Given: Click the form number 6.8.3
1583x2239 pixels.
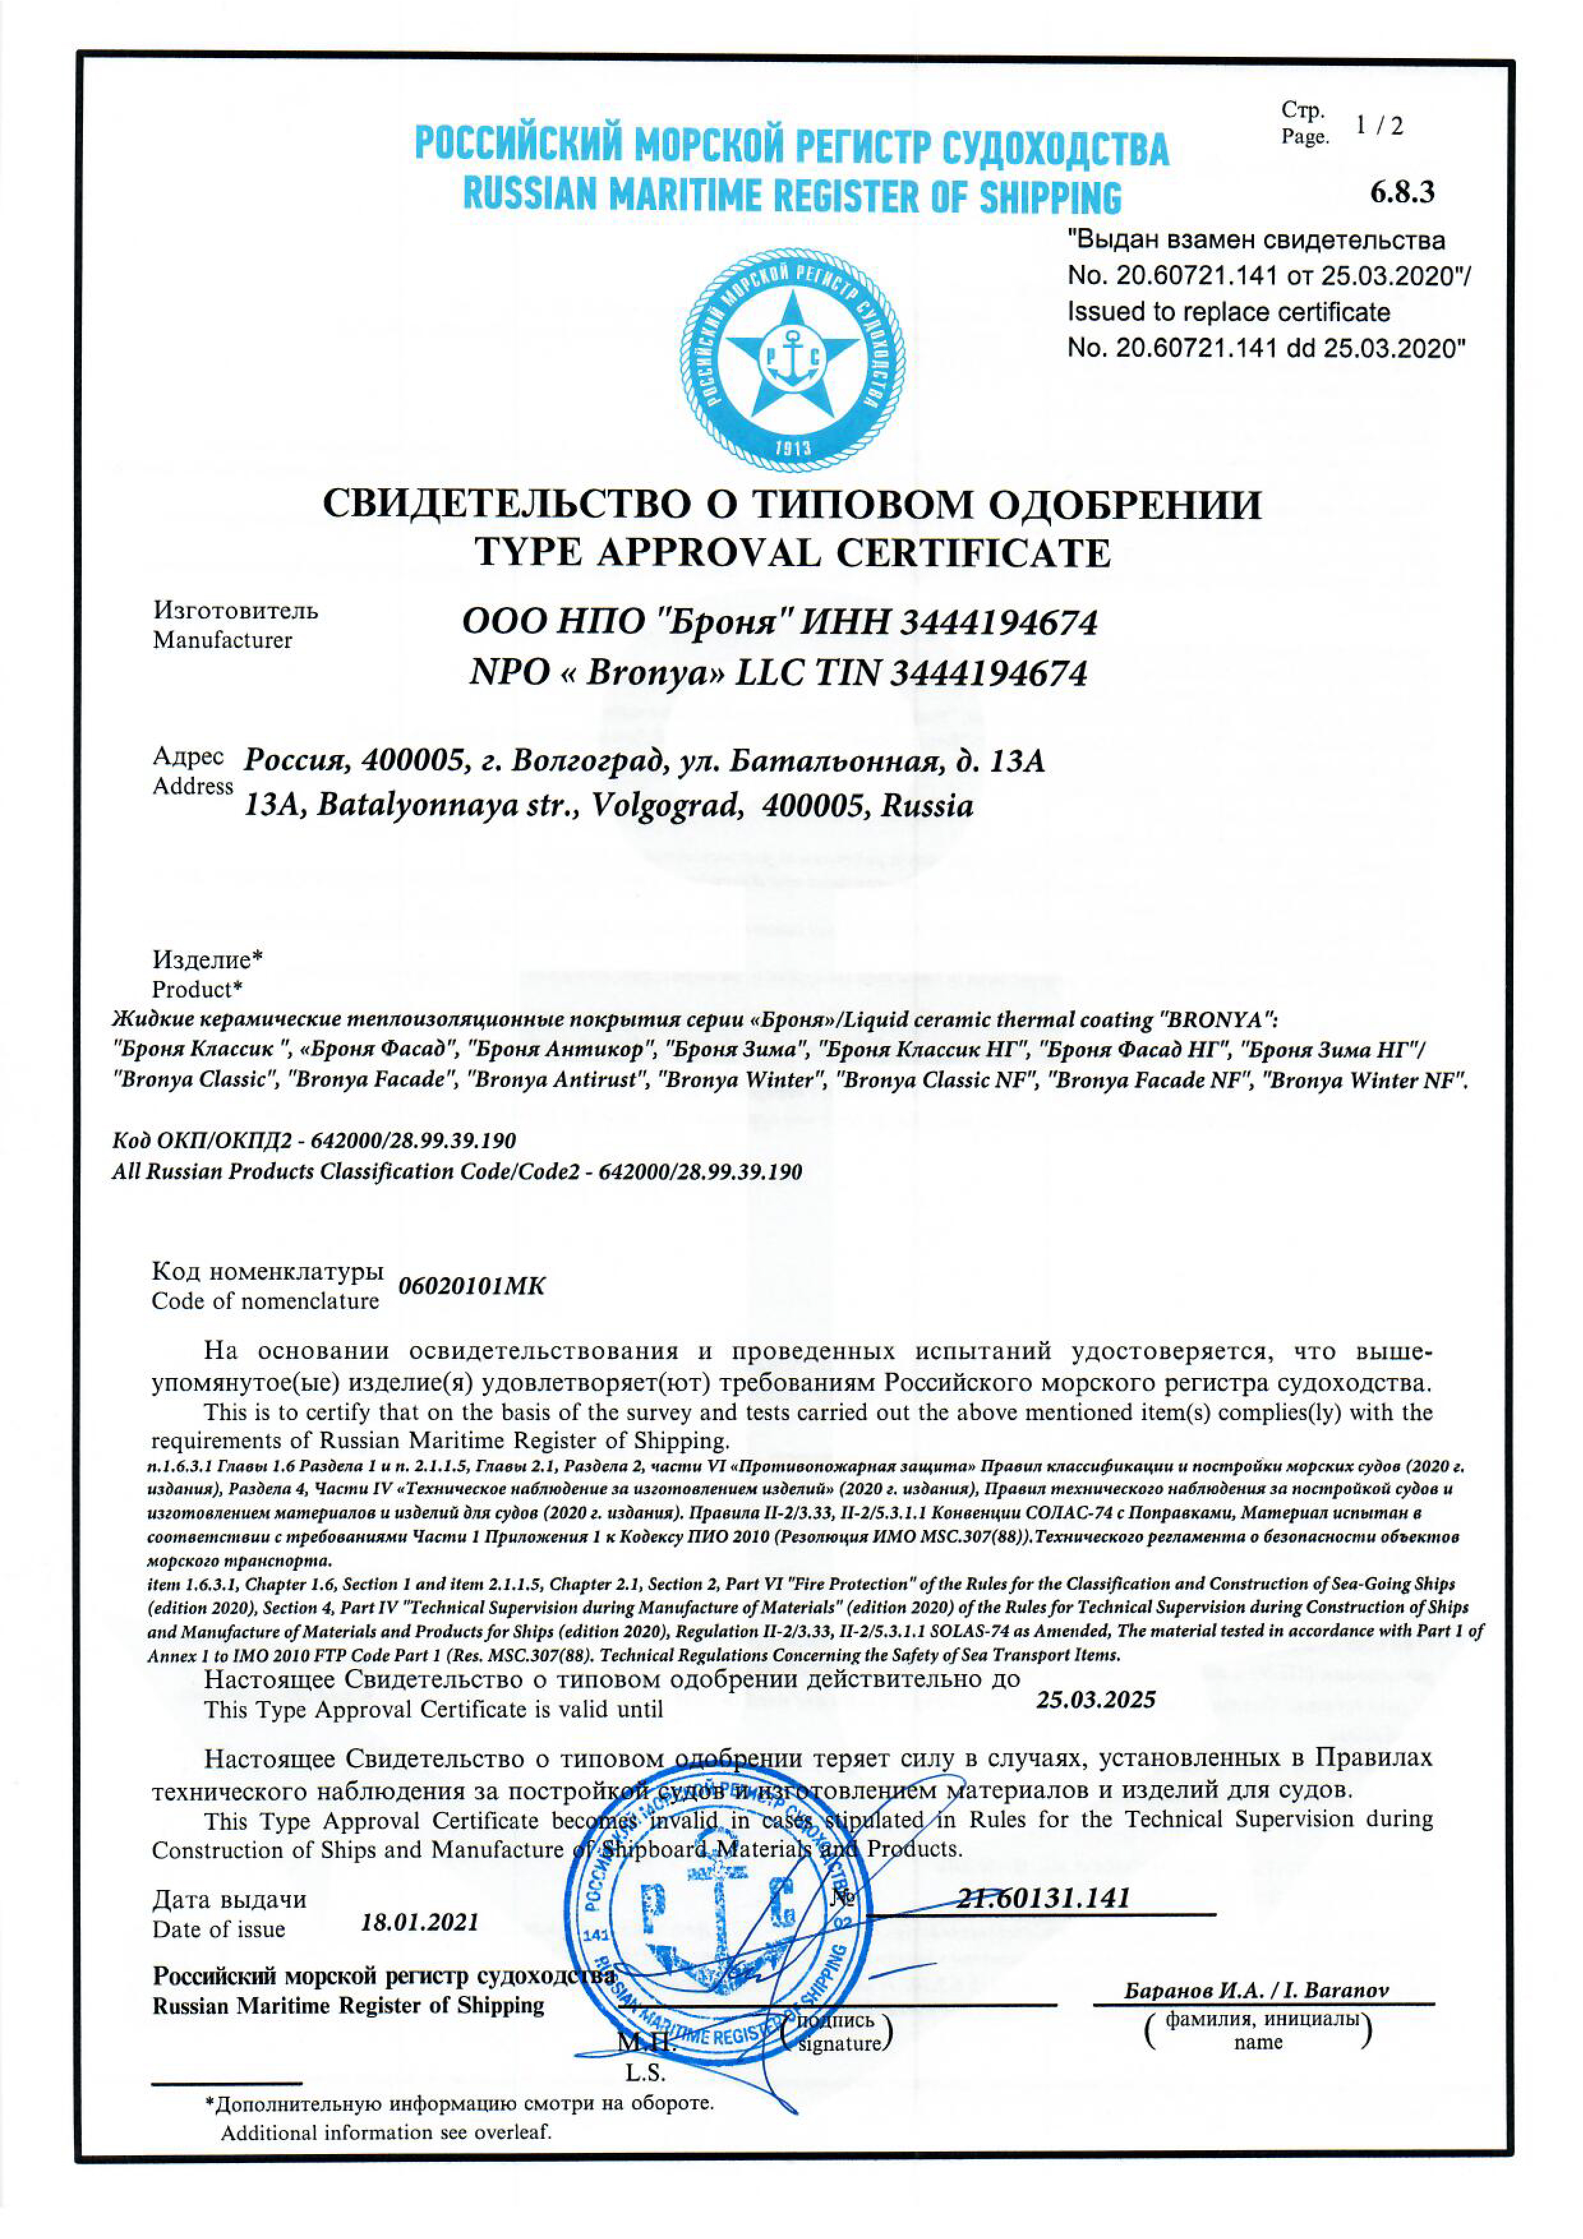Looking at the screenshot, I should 1402,192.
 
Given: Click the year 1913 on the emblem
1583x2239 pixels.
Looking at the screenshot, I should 792,449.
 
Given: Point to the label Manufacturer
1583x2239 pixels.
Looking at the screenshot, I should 222,641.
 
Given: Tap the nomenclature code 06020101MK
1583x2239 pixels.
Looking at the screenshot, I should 471,1286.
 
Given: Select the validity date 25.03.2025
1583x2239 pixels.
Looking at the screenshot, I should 1095,1700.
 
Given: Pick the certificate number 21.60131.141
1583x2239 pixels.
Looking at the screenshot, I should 1043,1898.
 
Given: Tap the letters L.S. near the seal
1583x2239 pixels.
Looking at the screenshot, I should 645,2072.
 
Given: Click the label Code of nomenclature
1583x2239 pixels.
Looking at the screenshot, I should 264,1301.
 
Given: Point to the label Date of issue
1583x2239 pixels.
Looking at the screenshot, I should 218,1929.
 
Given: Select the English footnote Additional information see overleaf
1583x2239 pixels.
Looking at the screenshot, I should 385,2132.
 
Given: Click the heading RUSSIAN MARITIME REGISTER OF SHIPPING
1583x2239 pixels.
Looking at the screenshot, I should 791,196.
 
